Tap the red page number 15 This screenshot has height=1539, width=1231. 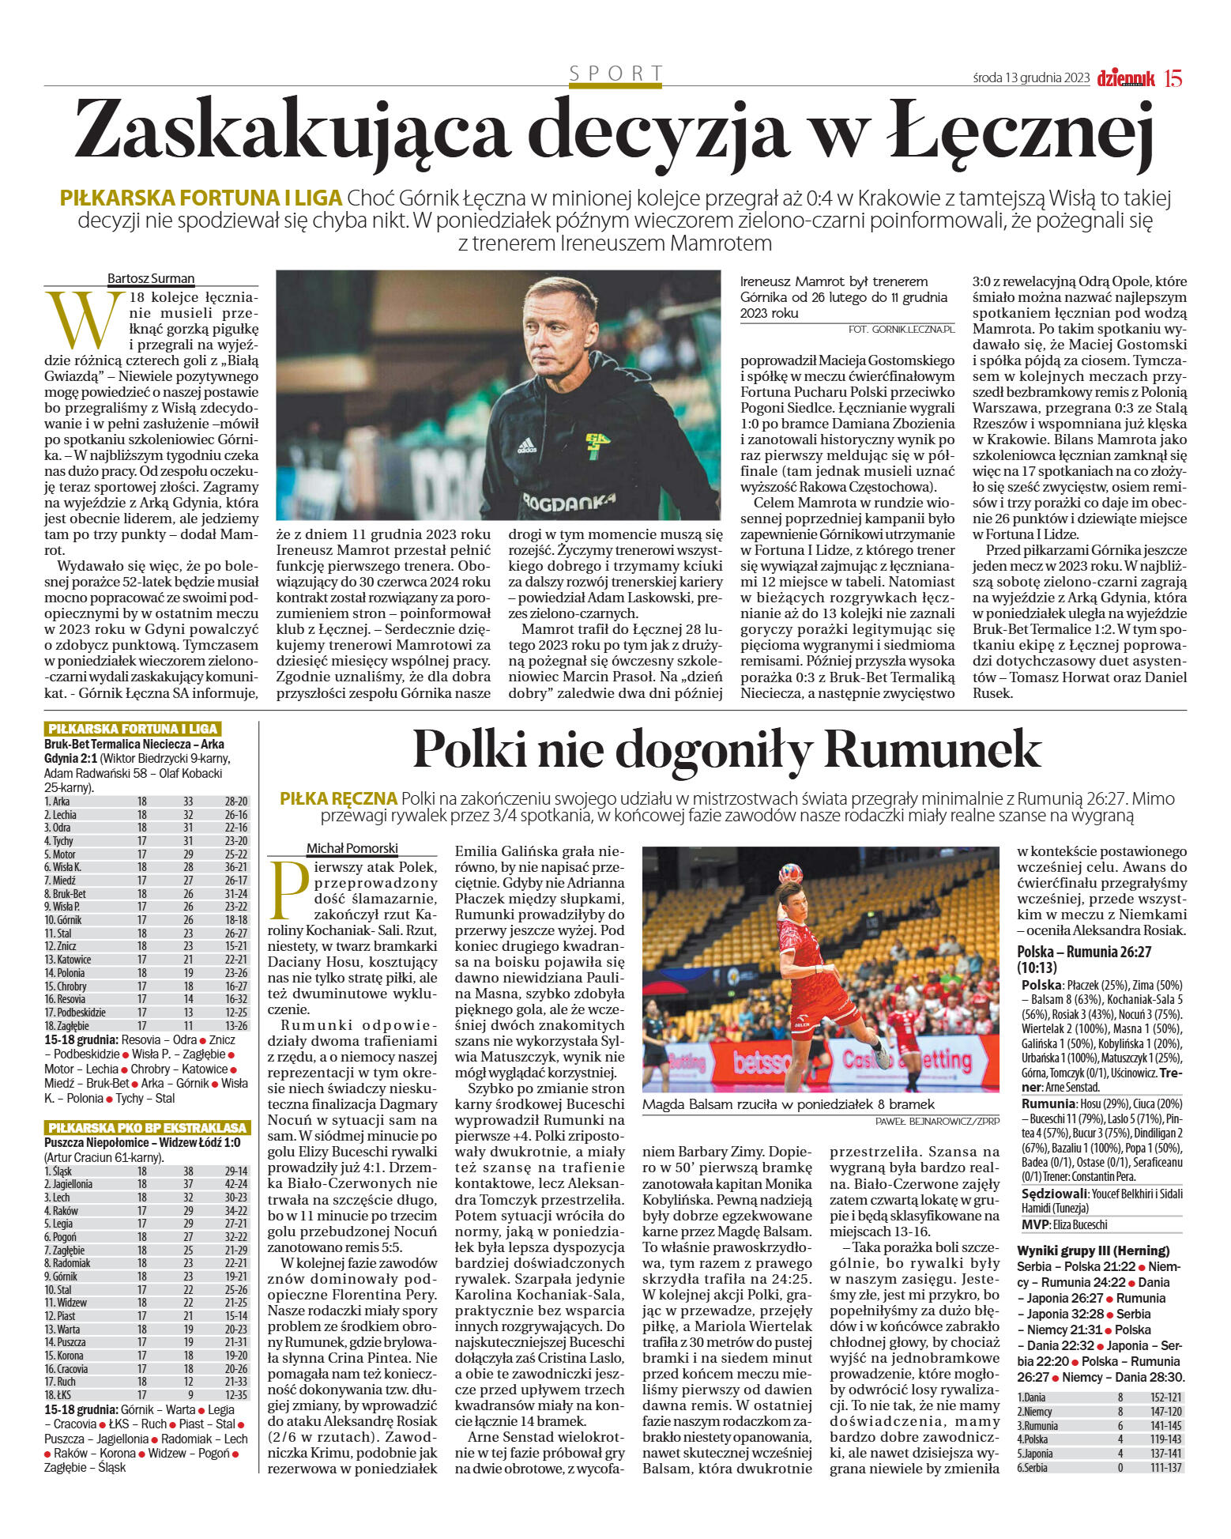coord(1173,78)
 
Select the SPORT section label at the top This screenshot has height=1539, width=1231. coord(615,74)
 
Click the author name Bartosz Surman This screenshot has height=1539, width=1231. coord(151,278)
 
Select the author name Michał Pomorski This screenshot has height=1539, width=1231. coord(352,848)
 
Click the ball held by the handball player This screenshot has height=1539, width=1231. coord(789,874)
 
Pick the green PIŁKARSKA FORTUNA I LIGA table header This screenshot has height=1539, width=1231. coord(132,729)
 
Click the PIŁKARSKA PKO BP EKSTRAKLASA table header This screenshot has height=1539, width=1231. coord(147,1127)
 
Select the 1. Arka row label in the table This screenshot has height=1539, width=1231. coord(57,802)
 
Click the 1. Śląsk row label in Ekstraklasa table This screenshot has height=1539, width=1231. coord(58,1171)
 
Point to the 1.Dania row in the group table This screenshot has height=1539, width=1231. coord(1032,1397)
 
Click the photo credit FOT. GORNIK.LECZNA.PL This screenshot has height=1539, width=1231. coord(901,329)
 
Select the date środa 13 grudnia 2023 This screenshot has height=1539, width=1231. coord(1031,78)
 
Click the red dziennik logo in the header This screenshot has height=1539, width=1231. coord(1125,78)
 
